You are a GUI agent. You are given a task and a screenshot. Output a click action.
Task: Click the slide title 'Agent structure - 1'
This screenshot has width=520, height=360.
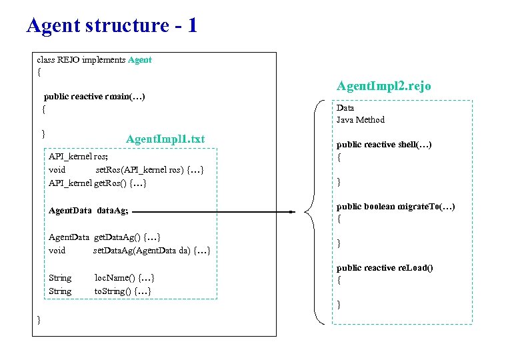[112, 25]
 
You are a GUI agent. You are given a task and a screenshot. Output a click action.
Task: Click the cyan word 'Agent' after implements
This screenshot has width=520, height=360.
[139, 60]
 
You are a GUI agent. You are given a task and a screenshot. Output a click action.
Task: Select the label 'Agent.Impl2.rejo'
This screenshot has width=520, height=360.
[383, 86]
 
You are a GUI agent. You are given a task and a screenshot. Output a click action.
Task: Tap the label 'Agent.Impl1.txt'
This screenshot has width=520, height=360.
[165, 139]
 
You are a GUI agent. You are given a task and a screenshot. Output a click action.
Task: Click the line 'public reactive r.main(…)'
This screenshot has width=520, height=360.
[94, 97]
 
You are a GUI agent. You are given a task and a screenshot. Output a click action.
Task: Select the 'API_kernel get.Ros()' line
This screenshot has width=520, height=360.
[97, 183]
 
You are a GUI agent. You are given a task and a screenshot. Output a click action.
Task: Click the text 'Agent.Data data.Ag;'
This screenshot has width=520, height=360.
[88, 211]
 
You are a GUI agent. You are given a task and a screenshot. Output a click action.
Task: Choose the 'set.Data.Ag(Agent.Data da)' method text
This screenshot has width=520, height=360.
[151, 251]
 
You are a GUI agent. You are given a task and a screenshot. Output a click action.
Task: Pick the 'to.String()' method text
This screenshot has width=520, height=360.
[122, 291]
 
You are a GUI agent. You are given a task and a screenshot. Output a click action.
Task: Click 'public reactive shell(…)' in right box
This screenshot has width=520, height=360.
[384, 145]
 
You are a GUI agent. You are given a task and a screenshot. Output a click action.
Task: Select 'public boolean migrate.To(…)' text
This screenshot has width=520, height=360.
[395, 206]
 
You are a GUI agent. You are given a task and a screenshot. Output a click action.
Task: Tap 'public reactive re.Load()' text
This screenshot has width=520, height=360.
[385, 268]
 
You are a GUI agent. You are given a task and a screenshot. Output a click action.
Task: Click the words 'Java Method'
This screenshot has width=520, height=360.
[360, 120]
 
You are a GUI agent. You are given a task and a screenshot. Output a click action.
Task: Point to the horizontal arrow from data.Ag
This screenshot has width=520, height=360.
[213, 212]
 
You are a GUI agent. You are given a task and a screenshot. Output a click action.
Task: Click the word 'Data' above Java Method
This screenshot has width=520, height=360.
[345, 108]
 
